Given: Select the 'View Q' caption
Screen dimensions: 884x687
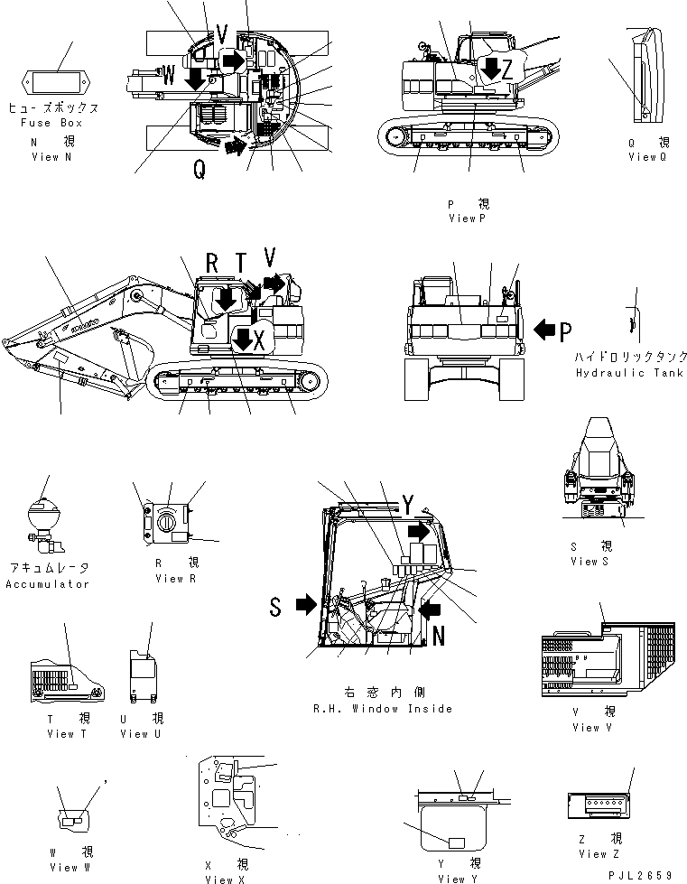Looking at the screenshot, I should tap(649, 157).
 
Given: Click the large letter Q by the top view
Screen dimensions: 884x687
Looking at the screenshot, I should tap(198, 168).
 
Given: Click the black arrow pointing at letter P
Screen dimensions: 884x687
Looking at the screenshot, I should tap(545, 330).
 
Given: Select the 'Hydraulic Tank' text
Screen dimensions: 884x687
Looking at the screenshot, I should tap(629, 373).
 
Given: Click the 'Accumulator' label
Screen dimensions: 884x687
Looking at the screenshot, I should tap(48, 584).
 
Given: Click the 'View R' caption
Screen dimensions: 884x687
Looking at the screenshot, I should tap(169, 579).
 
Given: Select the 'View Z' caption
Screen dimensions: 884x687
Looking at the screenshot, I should tap(600, 854).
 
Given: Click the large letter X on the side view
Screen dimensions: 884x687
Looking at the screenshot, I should tap(259, 340).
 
